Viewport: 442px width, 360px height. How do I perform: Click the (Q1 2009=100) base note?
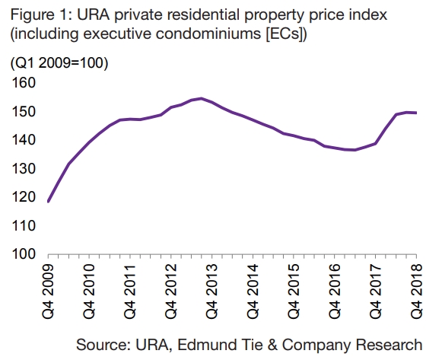point(59,63)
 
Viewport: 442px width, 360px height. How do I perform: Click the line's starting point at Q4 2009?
point(49,201)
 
